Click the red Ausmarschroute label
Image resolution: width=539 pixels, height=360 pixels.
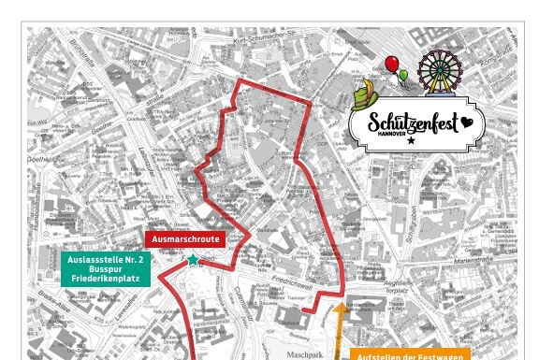(x=185, y=239)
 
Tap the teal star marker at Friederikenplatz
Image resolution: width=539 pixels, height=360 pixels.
(x=194, y=259)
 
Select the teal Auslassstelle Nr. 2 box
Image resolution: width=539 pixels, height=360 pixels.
(x=107, y=268)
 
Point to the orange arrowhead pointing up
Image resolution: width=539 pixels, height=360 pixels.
(x=340, y=305)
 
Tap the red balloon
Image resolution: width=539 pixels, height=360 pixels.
(x=391, y=64)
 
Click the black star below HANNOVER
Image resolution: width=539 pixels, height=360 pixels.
(x=411, y=140)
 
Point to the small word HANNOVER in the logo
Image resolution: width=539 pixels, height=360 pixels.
(x=391, y=134)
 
